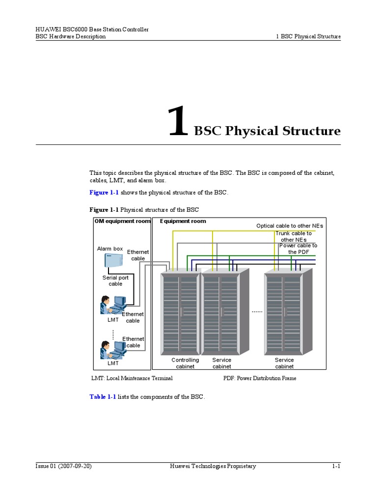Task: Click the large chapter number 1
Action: tap(178, 123)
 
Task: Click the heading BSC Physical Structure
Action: tap(267, 131)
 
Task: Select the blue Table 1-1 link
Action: tap(103, 396)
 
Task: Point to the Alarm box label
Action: tap(110, 249)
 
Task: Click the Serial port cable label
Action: tap(115, 280)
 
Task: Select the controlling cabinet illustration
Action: tap(181, 314)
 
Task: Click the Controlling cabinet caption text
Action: tap(185, 363)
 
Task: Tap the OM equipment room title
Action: tap(122, 221)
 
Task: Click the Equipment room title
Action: tap(183, 221)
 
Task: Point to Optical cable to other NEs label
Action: tap(290, 225)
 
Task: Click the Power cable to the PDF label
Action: tap(298, 249)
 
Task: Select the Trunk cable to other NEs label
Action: tap(294, 236)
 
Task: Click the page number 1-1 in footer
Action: tap(336, 466)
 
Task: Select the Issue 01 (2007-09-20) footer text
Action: tap(64, 466)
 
